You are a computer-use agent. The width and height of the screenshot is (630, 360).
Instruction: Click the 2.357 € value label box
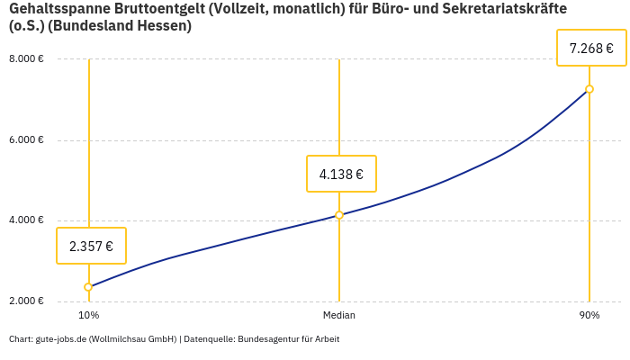(91, 246)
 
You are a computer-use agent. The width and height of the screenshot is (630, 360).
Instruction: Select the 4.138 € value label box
(341, 174)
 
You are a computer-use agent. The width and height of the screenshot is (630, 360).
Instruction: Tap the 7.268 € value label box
(591, 48)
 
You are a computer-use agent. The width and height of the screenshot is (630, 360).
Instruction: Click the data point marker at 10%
(88, 287)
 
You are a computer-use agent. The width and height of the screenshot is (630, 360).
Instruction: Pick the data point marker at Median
(339, 215)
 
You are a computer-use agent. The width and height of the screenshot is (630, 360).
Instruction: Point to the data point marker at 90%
(589, 89)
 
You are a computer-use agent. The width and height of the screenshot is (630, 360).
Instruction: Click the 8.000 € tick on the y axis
(26, 59)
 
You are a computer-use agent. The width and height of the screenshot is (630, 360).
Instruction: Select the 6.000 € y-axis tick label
(26, 140)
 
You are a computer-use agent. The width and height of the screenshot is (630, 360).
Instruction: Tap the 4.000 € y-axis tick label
(26, 220)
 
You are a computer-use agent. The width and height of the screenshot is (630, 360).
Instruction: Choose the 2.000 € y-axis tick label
(26, 301)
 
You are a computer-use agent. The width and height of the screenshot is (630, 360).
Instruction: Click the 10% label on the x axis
(88, 316)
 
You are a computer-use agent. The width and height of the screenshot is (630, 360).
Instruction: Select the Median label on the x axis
(339, 316)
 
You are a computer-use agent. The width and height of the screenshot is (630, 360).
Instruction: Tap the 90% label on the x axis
(589, 316)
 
